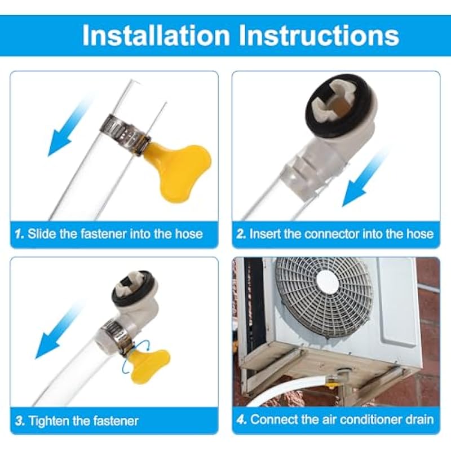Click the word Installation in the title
[x=156, y=36]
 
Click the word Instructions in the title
[x=319, y=36]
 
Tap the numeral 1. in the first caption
[x=20, y=234]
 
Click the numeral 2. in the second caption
[x=241, y=234]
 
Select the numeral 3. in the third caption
[x=20, y=421]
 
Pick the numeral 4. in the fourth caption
[x=242, y=419]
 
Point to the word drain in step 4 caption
[x=419, y=419]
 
